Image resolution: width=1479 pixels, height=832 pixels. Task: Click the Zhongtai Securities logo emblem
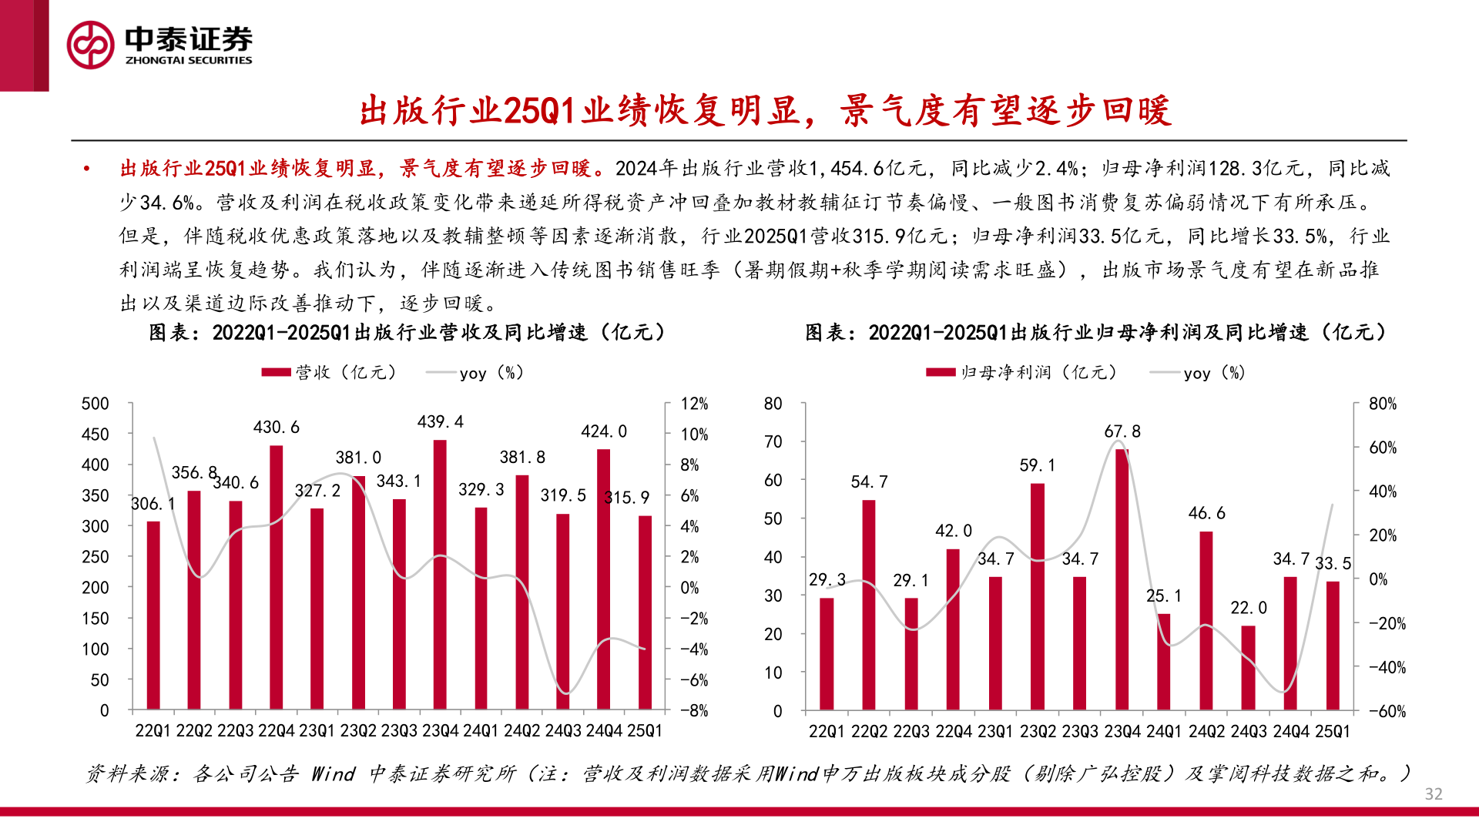(90, 45)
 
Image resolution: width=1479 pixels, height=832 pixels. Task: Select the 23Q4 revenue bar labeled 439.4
(440, 574)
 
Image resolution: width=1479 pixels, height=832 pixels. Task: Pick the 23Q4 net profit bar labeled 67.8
(1122, 578)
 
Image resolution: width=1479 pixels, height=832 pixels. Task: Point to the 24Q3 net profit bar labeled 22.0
(1248, 667)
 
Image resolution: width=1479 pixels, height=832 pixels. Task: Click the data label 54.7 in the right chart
(869, 482)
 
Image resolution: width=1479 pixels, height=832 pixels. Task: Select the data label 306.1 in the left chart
(153, 504)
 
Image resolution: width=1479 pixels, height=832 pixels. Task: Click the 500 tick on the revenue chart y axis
(96, 404)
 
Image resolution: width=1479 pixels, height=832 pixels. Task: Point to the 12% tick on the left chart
(694, 404)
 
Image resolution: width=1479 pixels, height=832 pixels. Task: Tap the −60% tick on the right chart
(1387, 711)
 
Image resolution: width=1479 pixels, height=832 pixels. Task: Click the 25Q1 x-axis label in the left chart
(644, 731)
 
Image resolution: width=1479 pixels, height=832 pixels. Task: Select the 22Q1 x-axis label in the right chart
(827, 732)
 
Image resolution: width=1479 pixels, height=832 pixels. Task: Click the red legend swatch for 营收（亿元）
(276, 373)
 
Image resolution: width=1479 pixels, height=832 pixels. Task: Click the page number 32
(1434, 794)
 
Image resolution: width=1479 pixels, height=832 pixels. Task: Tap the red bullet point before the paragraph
(87, 169)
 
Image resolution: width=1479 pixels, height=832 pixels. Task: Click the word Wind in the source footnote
(333, 773)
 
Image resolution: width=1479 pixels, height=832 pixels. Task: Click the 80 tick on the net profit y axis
(773, 404)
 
